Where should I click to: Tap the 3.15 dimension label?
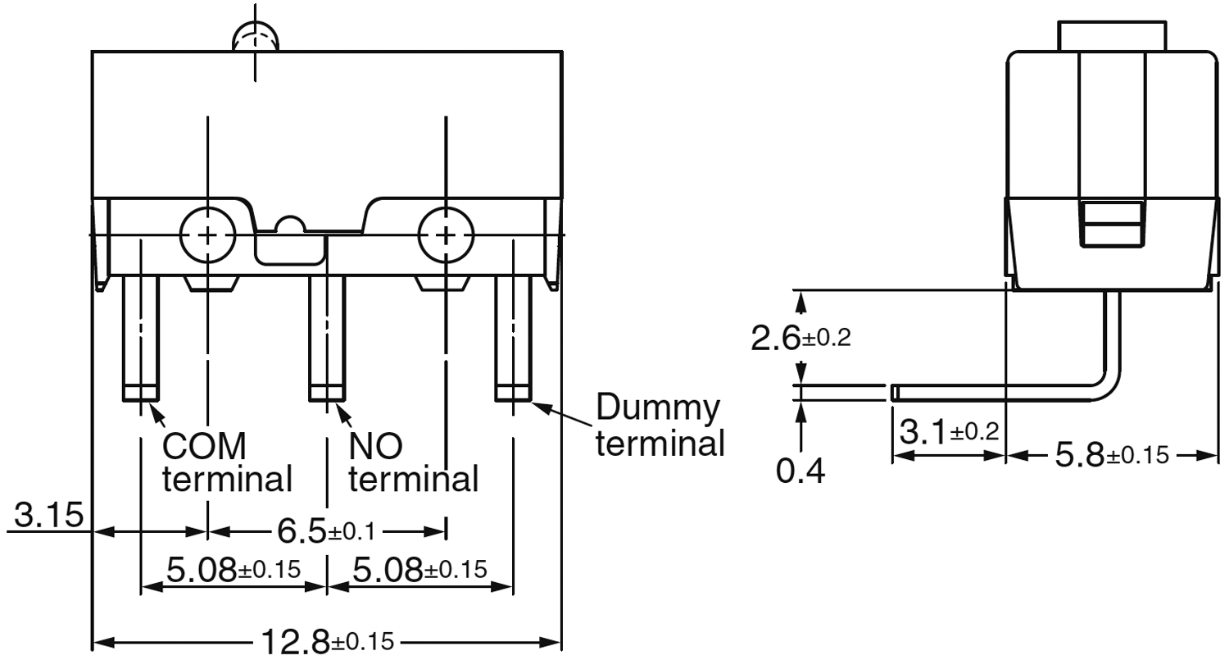pyautogui.click(x=48, y=516)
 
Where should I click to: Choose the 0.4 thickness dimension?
pyautogui.click(x=800, y=471)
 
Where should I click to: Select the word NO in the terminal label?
pyautogui.click(x=375, y=447)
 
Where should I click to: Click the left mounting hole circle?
pyautogui.click(x=208, y=236)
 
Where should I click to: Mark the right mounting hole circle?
pyautogui.click(x=446, y=236)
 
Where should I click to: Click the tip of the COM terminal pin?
pyautogui.click(x=141, y=393)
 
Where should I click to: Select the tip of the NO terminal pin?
pyautogui.click(x=326, y=393)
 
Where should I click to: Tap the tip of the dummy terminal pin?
pyautogui.click(x=513, y=393)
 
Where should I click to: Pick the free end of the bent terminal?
pyautogui.click(x=895, y=393)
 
